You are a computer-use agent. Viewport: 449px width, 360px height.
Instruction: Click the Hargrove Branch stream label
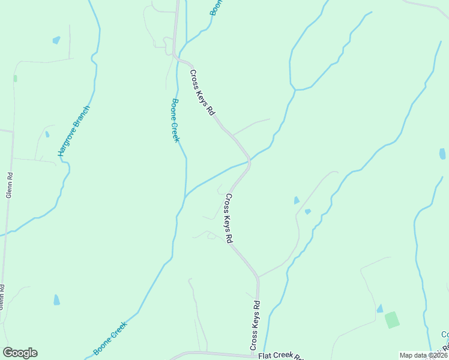click(x=74, y=131)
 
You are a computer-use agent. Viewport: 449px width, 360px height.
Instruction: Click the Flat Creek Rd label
click(x=281, y=356)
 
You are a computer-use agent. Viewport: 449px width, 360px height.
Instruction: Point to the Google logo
click(x=20, y=353)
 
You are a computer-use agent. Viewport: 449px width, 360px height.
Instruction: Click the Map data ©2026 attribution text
click(x=423, y=355)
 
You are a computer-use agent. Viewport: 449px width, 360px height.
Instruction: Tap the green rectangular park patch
click(x=392, y=319)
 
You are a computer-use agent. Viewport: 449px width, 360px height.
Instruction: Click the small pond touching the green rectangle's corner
click(x=379, y=308)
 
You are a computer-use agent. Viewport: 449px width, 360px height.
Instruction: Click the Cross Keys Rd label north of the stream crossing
click(x=202, y=92)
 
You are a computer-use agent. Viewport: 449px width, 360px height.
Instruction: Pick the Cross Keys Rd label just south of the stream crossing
click(x=229, y=217)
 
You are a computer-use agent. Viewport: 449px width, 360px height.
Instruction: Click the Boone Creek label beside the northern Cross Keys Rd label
click(x=175, y=120)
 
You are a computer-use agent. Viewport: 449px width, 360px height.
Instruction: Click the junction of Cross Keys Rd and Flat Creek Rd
click(x=253, y=354)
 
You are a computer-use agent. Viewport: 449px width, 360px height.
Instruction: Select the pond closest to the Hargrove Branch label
click(x=47, y=134)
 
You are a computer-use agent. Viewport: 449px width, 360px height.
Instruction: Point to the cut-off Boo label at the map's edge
click(x=215, y=8)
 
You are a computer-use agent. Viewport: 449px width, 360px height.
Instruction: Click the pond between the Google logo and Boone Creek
click(x=56, y=299)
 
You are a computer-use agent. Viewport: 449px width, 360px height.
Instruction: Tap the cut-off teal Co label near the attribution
click(x=444, y=335)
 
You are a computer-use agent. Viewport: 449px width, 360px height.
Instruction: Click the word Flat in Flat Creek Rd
click(x=265, y=356)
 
